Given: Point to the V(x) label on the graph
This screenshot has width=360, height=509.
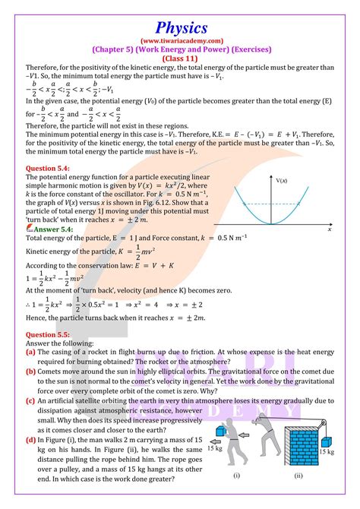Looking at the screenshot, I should [282, 181].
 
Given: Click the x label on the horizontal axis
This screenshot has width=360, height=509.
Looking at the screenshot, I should [330, 229].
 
